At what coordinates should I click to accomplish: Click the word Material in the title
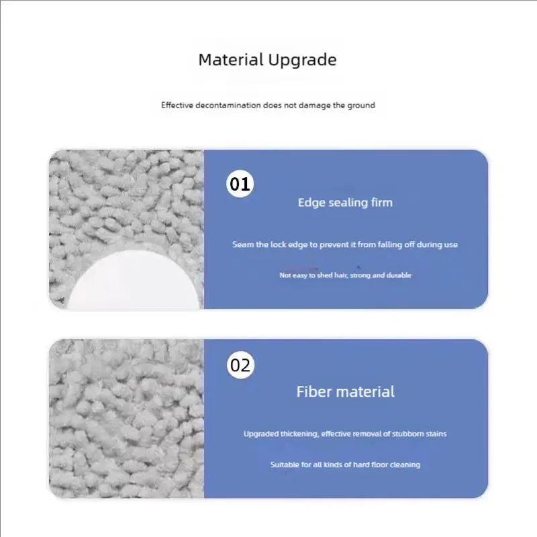pyautogui.click(x=231, y=59)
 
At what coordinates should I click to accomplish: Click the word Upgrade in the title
pyautogui.click(x=302, y=60)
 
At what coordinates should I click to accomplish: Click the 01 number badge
pyautogui.click(x=240, y=184)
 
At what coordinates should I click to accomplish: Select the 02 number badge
pyautogui.click(x=240, y=366)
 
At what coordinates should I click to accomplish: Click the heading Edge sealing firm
pyautogui.click(x=345, y=202)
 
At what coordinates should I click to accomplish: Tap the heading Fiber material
pyautogui.click(x=345, y=391)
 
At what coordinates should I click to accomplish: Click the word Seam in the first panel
pyautogui.click(x=242, y=244)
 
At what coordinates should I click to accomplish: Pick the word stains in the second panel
pyautogui.click(x=436, y=434)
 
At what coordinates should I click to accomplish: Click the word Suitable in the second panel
pyautogui.click(x=285, y=465)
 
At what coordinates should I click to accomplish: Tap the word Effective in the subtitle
pyautogui.click(x=177, y=105)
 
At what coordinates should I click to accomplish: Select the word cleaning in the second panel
pyautogui.click(x=405, y=465)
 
